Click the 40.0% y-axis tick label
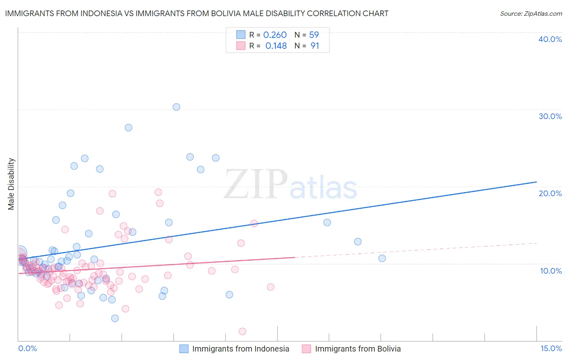tap(550, 39)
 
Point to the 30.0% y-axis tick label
tap(550, 116)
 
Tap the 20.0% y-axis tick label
tap(550, 193)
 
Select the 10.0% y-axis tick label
tap(551, 271)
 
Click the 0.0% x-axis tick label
tap(27, 349)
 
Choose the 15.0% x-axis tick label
tap(551, 349)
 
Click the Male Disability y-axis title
tap(11, 184)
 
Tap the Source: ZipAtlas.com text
tap(531, 14)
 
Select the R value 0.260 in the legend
tap(275, 35)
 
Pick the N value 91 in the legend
tap(315, 46)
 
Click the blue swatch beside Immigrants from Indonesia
tap(184, 349)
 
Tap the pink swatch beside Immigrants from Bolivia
tap(306, 349)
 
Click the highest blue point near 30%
tap(176, 107)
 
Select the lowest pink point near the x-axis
tap(242, 331)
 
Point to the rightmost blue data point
tap(382, 258)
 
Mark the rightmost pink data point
tap(271, 287)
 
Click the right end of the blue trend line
tap(536, 182)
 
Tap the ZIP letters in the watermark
tap(256, 184)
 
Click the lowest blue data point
tap(115, 318)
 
